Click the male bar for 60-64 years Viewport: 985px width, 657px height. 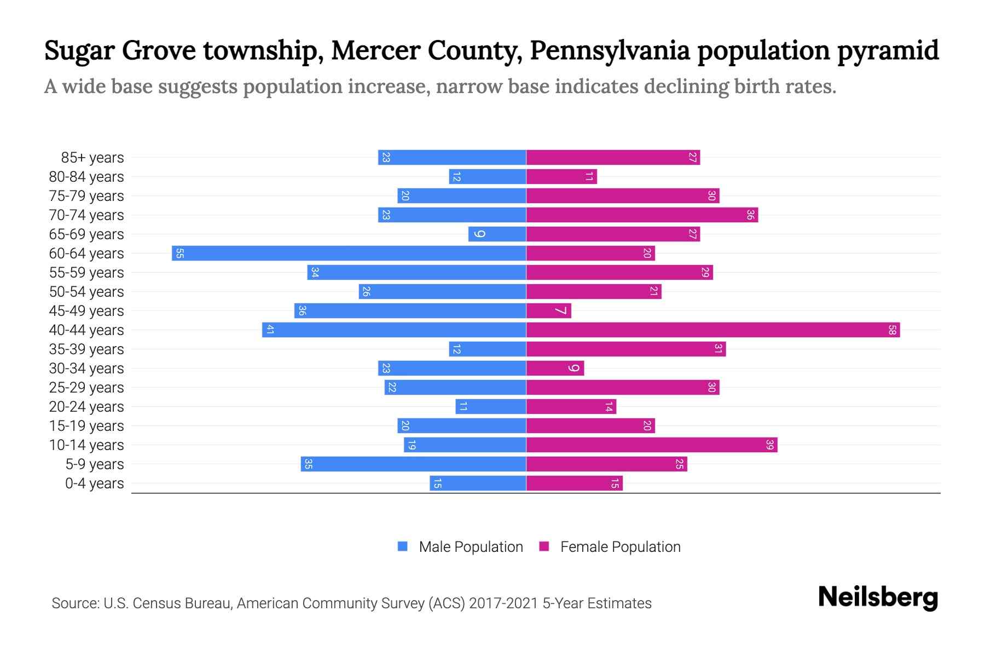coord(349,253)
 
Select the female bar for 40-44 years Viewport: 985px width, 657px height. coord(712,330)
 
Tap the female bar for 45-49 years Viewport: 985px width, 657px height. coord(548,311)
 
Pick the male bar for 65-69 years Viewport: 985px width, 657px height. coord(497,234)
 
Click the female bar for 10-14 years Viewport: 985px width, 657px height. coord(651,445)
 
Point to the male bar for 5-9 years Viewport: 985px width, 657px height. coord(413,464)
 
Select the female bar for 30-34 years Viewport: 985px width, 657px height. coord(555,368)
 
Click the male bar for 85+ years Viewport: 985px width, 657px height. coord(451,158)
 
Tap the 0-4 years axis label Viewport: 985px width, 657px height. coord(94,483)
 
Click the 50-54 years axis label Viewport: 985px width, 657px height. coord(86,292)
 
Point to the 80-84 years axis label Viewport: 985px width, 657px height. coord(86,177)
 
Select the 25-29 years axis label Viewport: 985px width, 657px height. coord(86,388)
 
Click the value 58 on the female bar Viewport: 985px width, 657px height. coord(892,330)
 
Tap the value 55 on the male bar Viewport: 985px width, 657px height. coord(179,253)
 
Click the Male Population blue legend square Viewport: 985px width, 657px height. coord(403,546)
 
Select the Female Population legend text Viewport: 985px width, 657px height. coord(620,547)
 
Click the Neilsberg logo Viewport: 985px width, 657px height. coord(878,597)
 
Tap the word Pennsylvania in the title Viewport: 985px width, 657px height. coord(610,51)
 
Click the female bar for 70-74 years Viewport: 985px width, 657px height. coord(641,215)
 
